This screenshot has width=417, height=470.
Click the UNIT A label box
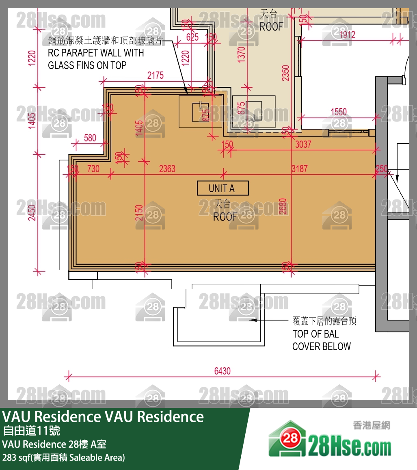223,188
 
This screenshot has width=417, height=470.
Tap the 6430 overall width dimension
222,371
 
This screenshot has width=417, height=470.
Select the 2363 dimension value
167,169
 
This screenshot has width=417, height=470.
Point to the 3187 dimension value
300,169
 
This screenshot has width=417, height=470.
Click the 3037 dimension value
303,144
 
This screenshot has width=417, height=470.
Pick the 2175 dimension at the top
155,75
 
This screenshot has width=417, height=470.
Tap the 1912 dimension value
347,35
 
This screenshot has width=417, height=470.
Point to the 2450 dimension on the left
32,212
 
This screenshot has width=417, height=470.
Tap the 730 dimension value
93,169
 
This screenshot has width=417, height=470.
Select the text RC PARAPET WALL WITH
96,53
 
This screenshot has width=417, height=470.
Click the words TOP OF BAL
315,334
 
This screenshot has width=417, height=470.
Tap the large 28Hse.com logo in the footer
330,440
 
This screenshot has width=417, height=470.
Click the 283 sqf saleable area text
64,457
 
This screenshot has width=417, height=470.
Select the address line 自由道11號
31,430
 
